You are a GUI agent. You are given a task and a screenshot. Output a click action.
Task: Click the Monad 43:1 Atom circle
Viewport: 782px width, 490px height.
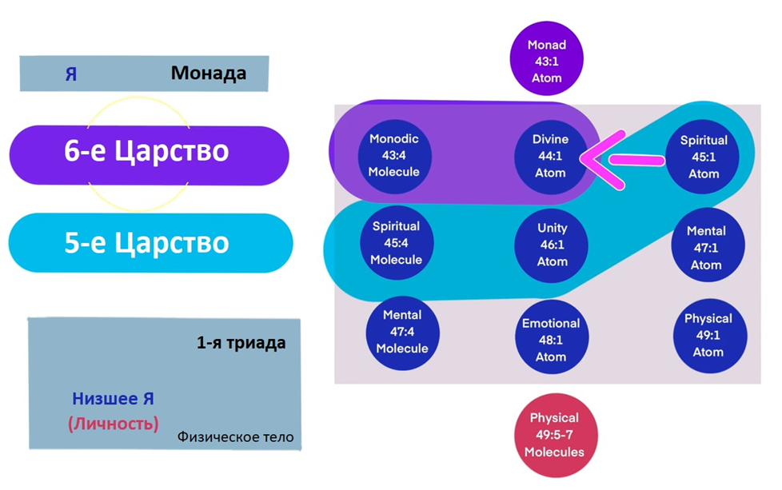coord(547,58)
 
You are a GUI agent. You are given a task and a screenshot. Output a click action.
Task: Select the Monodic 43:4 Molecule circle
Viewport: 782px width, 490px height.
coord(394,155)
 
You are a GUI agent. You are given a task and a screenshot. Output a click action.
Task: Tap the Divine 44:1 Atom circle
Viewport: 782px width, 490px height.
coord(550,156)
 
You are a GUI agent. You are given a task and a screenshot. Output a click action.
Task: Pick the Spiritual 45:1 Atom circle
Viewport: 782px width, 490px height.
coord(704,157)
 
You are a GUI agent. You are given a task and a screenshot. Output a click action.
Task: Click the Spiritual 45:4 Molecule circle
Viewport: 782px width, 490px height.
coord(397,242)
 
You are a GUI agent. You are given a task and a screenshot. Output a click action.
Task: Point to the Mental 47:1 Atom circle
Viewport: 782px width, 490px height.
coord(706,247)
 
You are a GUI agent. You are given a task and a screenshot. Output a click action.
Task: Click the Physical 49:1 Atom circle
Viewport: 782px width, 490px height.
coord(708,335)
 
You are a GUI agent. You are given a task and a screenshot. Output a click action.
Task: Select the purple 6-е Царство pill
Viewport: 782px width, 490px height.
coord(150,151)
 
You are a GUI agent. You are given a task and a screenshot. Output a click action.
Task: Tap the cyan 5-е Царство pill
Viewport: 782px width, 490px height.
coord(150,242)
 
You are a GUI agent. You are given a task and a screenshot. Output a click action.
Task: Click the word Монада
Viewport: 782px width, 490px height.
coord(208,74)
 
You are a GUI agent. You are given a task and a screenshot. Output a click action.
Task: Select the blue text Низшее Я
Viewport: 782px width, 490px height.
coord(114,399)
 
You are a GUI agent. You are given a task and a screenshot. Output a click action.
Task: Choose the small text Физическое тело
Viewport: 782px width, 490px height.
coord(235,437)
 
